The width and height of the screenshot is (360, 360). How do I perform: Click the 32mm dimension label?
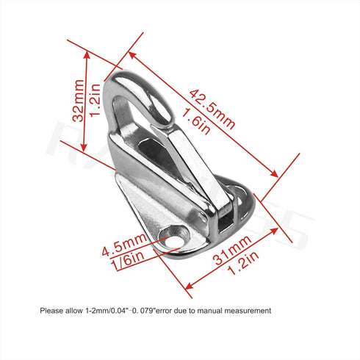(x=79, y=101)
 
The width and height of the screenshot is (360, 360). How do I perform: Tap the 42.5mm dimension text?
(x=212, y=109)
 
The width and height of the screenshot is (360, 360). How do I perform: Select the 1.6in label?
(x=195, y=121)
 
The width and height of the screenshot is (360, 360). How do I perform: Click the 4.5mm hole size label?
(x=124, y=245)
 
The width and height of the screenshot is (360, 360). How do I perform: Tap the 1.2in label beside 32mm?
(x=95, y=100)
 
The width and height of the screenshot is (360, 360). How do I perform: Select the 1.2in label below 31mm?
(x=243, y=263)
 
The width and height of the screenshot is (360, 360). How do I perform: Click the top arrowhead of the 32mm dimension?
(x=87, y=55)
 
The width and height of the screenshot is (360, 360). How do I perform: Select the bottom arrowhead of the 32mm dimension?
(x=84, y=147)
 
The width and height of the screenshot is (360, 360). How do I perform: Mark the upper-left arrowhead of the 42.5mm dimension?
(x=132, y=55)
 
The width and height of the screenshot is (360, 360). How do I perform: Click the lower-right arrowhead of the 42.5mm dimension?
(x=274, y=173)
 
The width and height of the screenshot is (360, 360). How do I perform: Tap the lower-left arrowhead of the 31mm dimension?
(x=190, y=286)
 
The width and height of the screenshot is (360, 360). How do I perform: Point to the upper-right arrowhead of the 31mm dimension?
(x=274, y=231)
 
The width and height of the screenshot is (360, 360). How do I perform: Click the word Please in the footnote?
(x=51, y=311)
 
